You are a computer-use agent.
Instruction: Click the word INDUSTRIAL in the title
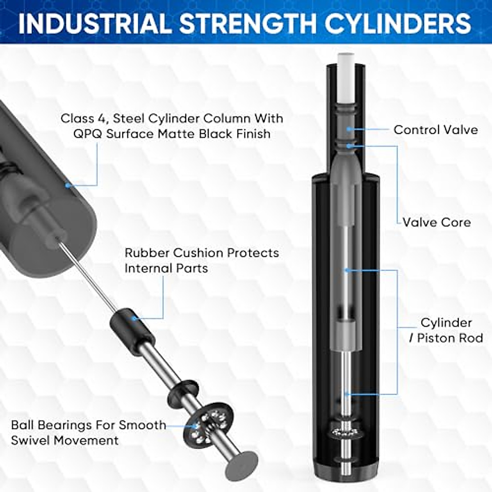pyautogui.click(x=94, y=23)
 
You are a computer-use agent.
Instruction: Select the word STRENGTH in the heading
pyautogui.click(x=248, y=23)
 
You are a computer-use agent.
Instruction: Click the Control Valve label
pyautogui.click(x=435, y=130)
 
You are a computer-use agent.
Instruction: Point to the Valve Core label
pyautogui.click(x=436, y=223)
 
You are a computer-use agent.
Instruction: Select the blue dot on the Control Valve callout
pyautogui.click(x=348, y=129)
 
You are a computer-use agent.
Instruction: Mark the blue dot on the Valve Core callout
pyautogui.click(x=349, y=146)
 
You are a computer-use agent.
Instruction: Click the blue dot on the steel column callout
pyautogui.click(x=68, y=186)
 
